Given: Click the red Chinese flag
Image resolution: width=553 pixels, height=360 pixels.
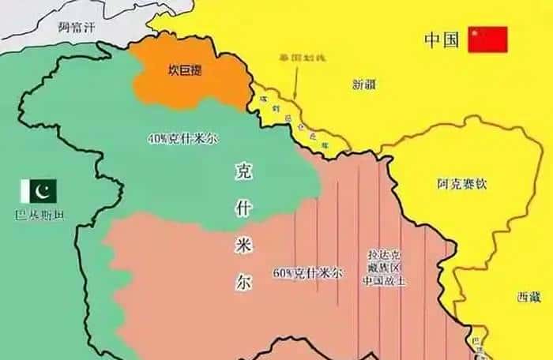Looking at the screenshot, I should (x=487, y=39).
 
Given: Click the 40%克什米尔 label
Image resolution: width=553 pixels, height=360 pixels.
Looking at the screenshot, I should (x=182, y=138).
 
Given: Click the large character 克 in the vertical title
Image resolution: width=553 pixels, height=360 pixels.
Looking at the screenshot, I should (x=243, y=171).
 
